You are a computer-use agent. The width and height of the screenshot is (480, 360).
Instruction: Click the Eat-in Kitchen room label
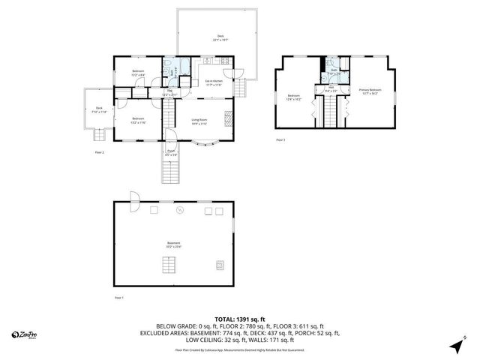coord(213,82)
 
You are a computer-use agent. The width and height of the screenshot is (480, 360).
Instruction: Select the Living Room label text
coord(199,121)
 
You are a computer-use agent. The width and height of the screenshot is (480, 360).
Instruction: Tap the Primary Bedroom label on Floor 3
coord(369,91)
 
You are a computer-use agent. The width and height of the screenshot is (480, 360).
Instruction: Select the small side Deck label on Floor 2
coord(98,110)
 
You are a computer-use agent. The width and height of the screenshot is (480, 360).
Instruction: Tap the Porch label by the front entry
coord(172,153)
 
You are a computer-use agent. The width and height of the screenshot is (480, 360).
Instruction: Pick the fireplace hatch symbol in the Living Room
coord(231,119)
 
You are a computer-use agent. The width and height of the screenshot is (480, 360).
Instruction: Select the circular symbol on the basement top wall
coord(179,211)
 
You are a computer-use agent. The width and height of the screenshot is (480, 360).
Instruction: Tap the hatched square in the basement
coord(220,264)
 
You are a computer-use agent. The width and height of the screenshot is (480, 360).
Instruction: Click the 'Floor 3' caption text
coord(280,140)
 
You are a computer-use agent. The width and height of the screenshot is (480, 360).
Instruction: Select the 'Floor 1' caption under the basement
coord(118,298)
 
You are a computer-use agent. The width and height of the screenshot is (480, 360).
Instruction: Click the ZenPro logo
coord(25,334)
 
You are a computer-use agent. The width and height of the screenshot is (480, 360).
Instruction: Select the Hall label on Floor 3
coord(331,88)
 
